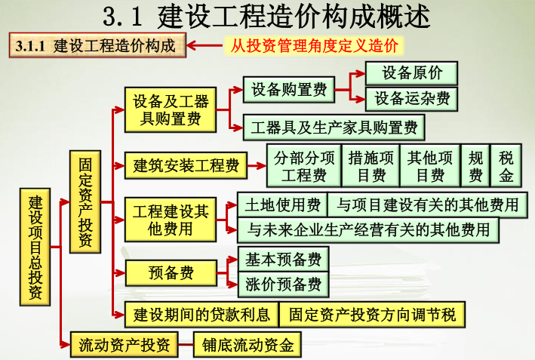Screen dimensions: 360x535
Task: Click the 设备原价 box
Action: [412, 73]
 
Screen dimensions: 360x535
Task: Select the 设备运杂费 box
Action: [412, 98]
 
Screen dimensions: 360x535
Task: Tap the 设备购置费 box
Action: [289, 90]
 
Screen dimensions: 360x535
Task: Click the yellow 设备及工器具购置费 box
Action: [171, 109]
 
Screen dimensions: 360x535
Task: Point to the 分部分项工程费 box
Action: [304, 166]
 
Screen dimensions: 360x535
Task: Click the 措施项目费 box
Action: [371, 166]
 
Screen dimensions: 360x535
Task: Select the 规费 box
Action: [475, 166]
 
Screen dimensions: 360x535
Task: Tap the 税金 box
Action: [506, 166]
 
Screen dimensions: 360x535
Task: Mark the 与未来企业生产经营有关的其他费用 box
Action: [369, 229]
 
